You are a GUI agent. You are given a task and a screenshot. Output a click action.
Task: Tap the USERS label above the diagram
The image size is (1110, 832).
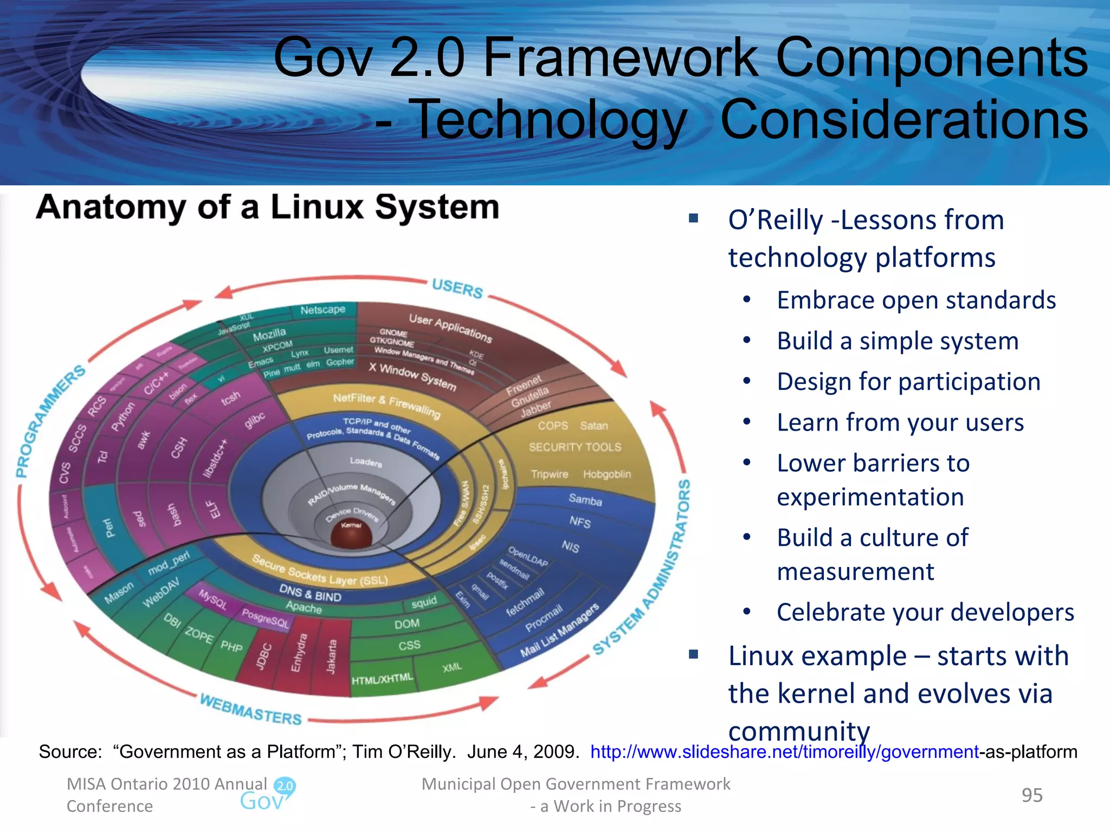click(457, 288)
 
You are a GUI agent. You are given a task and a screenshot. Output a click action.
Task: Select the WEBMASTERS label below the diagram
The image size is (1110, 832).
click(250, 709)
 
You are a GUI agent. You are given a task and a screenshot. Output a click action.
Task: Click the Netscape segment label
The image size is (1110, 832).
click(322, 310)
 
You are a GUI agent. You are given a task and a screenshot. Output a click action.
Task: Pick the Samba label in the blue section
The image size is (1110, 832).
click(585, 499)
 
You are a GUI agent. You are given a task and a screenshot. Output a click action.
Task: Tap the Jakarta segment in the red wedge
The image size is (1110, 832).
click(331, 656)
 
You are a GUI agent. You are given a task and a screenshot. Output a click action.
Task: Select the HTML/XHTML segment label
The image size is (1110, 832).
click(382, 679)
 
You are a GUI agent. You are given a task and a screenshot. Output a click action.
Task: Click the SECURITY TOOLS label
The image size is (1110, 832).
click(575, 447)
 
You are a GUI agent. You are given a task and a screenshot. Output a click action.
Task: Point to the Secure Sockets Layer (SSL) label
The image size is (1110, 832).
click(320, 570)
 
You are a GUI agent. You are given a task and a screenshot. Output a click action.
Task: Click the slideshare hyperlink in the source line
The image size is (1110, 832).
click(784, 752)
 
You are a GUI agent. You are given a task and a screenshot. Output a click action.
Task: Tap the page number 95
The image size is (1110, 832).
click(1032, 795)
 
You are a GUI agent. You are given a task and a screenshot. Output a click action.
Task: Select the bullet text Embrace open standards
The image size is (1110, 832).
click(916, 300)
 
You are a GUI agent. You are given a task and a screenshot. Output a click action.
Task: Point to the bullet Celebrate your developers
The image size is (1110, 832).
click(925, 612)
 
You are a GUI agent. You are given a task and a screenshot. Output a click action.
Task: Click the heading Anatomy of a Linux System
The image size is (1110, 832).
click(268, 207)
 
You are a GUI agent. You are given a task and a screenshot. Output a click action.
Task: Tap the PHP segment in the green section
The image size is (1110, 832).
click(231, 646)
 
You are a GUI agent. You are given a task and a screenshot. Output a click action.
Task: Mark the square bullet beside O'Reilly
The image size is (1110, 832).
click(694, 218)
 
